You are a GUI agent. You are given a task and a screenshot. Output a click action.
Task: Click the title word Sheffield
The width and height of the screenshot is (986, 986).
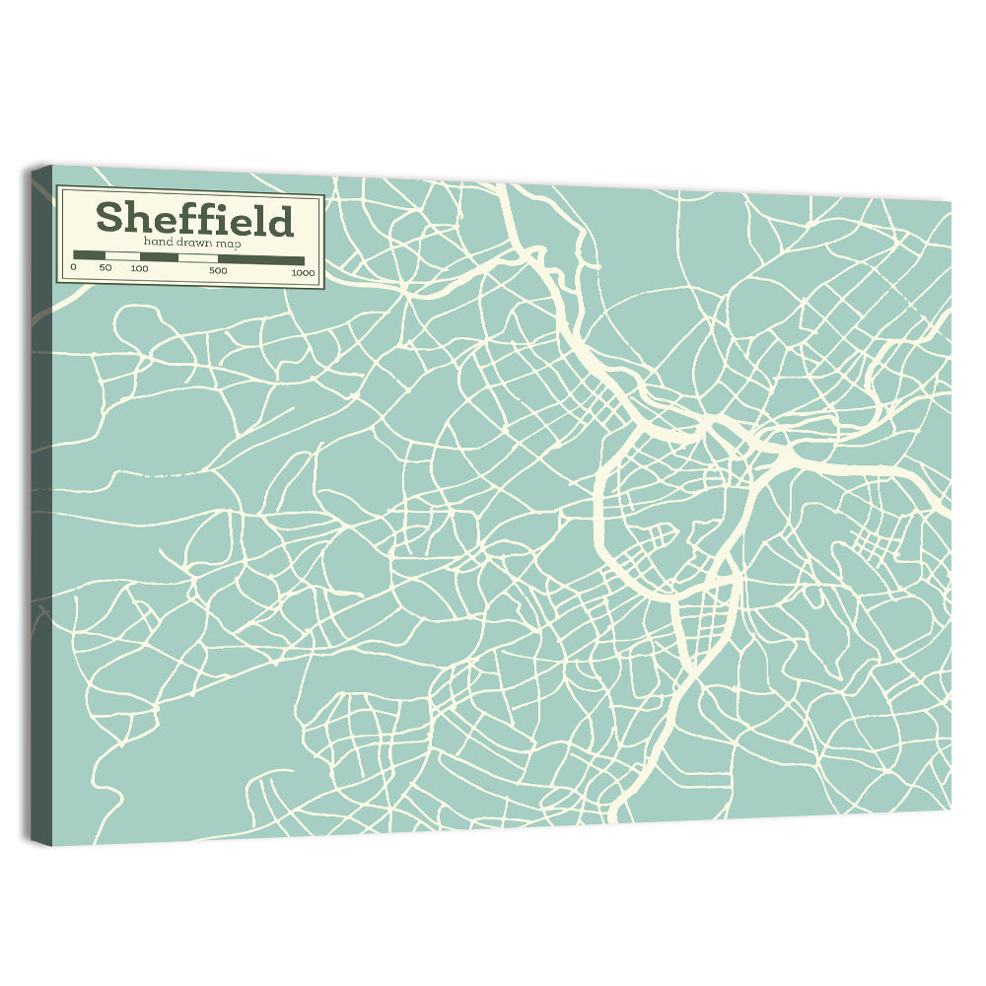coord(194,219)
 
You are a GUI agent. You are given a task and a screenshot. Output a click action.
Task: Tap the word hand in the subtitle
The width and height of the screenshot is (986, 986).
coord(157,242)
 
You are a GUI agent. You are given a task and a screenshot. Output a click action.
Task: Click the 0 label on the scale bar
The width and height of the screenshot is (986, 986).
coord(74,268)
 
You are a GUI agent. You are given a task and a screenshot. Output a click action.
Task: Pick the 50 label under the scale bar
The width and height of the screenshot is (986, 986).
coord(106,268)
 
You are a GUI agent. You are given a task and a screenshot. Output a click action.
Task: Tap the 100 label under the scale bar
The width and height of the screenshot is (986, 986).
coord(139,268)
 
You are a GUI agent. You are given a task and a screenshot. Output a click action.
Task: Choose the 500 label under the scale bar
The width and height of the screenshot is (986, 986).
coord(218,270)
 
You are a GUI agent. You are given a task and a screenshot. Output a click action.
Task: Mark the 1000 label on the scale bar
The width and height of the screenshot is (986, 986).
coord(303,272)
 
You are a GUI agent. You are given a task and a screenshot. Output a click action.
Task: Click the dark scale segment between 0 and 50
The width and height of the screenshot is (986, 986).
coord(89,255)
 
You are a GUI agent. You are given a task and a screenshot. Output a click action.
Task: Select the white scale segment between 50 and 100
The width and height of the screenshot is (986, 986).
coord(121,256)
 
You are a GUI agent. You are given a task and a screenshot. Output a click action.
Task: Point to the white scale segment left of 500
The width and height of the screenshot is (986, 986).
coord(197,258)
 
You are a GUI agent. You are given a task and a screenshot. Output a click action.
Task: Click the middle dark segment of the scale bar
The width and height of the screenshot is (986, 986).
coord(158,257)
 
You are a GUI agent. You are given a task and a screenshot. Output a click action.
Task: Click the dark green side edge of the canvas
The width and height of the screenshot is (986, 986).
coord(41,493)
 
